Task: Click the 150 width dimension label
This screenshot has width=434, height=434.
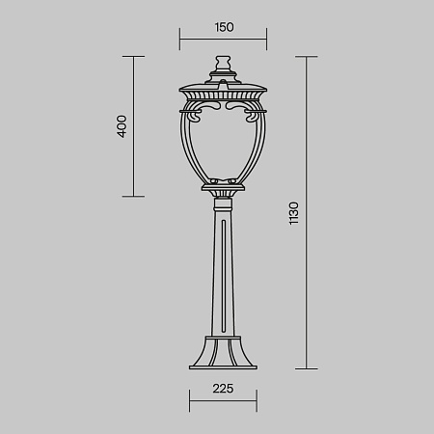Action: tap(224, 27)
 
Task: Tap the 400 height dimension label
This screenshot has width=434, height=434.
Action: tap(122, 126)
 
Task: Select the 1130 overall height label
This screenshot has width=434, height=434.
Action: tap(293, 213)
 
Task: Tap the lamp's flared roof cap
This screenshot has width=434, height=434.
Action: tap(224, 95)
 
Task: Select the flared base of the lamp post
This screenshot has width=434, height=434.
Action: tap(224, 351)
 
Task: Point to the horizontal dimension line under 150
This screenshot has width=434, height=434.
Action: tap(224, 40)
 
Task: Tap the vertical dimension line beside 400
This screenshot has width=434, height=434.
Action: tap(133, 126)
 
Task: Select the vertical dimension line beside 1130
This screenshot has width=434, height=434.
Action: tap(306, 213)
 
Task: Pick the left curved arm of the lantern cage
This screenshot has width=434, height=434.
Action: tap(188, 145)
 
